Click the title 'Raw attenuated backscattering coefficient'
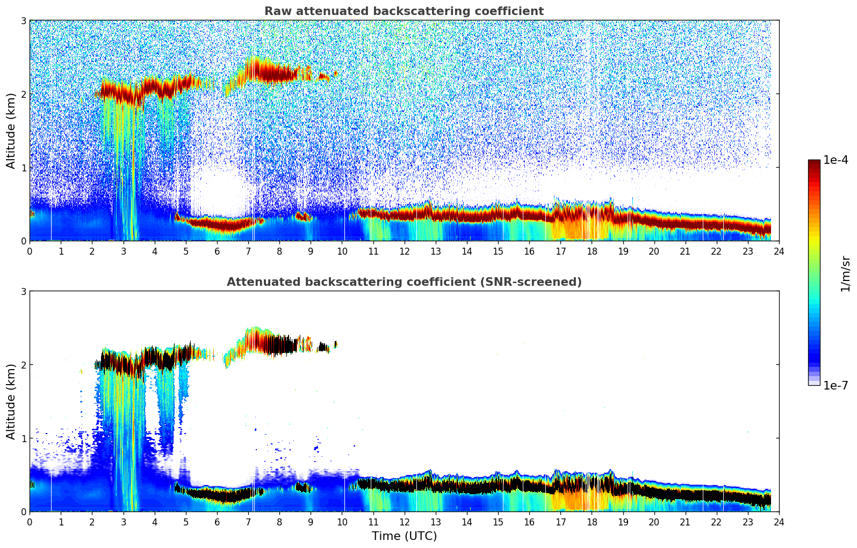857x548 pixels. [x=404, y=11]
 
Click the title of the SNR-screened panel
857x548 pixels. [x=404, y=282]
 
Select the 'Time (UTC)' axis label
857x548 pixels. [x=404, y=536]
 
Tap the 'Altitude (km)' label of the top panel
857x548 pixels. [x=11, y=131]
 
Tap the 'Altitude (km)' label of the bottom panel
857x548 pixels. [x=11, y=401]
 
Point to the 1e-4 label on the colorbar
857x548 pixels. [x=836, y=160]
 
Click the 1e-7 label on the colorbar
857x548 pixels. [x=836, y=385]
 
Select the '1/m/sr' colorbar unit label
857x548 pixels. [x=845, y=273]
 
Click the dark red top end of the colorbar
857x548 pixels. [x=814, y=163]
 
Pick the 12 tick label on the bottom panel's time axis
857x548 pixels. [x=404, y=522]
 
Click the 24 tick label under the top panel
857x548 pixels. [x=779, y=251]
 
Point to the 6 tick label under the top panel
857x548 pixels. [x=217, y=251]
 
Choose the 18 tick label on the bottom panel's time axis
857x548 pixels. [x=592, y=522]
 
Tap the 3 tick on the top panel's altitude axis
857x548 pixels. [x=23, y=20]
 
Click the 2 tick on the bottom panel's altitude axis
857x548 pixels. [x=23, y=365]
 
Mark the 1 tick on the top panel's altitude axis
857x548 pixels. [x=23, y=168]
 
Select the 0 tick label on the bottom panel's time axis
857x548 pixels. [x=30, y=522]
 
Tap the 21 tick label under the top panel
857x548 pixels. [x=685, y=251]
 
